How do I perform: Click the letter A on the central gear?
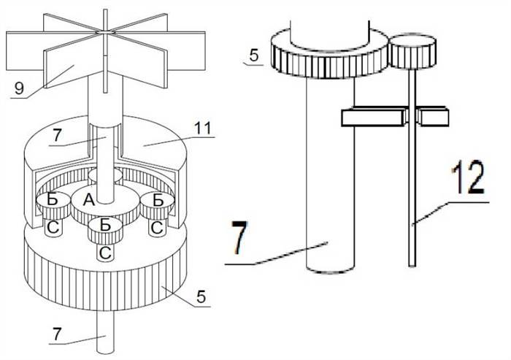(88, 199)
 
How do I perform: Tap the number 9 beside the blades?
(19, 88)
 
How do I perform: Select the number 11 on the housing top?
(203, 128)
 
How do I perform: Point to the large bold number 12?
(468, 177)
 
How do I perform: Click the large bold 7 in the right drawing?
(240, 237)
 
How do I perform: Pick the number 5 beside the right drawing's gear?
(254, 55)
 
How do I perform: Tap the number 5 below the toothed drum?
(201, 296)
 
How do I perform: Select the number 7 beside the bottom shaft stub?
(57, 334)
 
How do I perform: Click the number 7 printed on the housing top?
(57, 136)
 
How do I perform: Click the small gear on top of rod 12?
(413, 52)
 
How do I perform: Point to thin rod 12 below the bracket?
(412, 196)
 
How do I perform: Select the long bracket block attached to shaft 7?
(374, 118)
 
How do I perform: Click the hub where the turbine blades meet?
(105, 32)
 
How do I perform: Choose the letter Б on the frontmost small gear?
(105, 225)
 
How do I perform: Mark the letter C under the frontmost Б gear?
(105, 253)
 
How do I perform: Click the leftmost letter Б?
(53, 199)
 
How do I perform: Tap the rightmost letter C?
(157, 228)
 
